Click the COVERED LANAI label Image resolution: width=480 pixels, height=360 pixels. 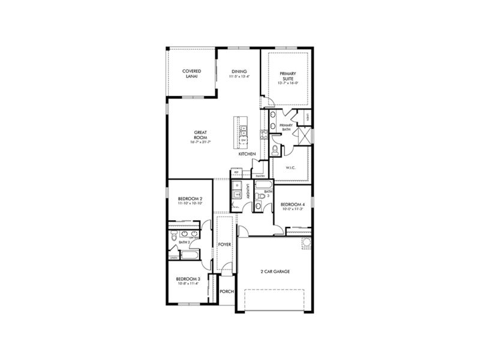[x=191, y=73]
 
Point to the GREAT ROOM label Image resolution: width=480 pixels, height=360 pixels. [x=200, y=134]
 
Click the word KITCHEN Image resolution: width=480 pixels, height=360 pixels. [x=247, y=154]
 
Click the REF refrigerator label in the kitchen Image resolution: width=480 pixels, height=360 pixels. [x=237, y=172]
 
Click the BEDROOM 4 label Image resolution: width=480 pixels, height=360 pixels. [x=292, y=203]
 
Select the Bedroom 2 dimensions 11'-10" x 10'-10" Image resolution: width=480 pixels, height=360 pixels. [x=190, y=203]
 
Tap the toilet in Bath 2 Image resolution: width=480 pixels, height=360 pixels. [x=174, y=236]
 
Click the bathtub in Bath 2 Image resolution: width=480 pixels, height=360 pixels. [x=191, y=257]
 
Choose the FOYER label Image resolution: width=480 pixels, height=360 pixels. [x=224, y=245]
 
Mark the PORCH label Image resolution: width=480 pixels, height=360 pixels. [x=226, y=292]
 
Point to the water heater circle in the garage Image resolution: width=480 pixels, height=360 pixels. [x=305, y=242]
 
